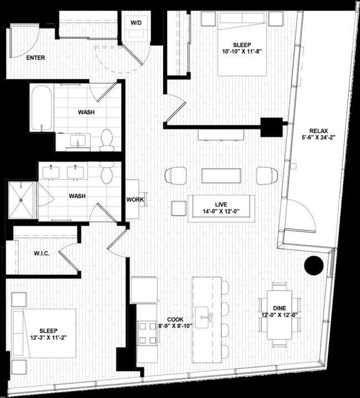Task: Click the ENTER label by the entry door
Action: (35, 58)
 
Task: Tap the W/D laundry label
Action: (136, 23)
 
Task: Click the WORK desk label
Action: (135, 199)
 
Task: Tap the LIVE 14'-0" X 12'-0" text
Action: (220, 208)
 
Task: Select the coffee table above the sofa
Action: (221, 175)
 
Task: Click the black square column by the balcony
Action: (271, 127)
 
